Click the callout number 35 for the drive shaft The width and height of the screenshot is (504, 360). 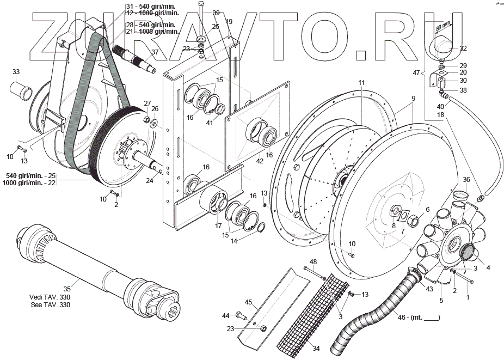[x=67, y=289]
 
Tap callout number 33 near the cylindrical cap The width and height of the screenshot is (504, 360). [x=16, y=72]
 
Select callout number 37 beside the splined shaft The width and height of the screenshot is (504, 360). [x=155, y=52]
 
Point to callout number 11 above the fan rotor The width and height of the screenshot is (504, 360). [x=361, y=82]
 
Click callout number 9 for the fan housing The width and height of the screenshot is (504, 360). [x=414, y=98]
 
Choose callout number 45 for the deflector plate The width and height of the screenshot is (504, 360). [x=248, y=302]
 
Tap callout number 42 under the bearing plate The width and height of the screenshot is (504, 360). [x=260, y=161]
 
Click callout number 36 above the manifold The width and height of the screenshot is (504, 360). [x=466, y=180]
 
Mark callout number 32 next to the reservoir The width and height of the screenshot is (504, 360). [x=463, y=48]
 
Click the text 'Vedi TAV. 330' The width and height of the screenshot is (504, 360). [x=51, y=297]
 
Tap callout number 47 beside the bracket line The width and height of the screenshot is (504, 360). [x=416, y=72]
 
